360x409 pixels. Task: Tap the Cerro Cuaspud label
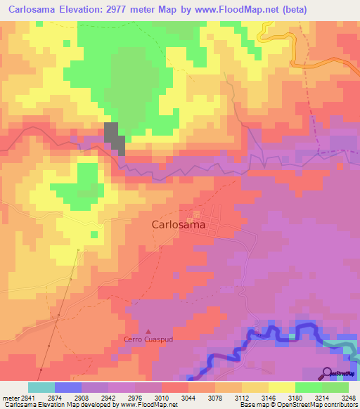(148, 340)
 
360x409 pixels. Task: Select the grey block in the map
(115, 136)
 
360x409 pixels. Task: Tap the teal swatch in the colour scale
(41, 387)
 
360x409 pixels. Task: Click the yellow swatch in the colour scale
(282, 387)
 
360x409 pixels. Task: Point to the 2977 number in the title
(131, 9)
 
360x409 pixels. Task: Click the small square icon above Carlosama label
(196, 214)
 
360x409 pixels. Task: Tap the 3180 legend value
(295, 397)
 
